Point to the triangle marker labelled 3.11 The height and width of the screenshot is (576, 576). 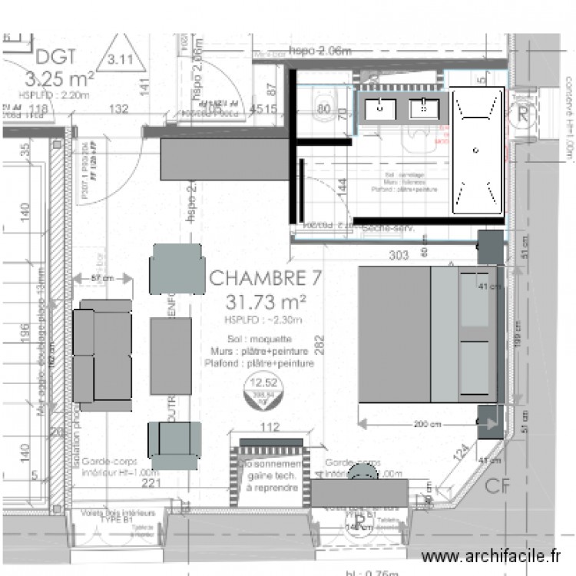coord(120,58)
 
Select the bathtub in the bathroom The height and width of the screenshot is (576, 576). coord(477,150)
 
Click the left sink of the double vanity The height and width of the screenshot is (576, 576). coord(381,110)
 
